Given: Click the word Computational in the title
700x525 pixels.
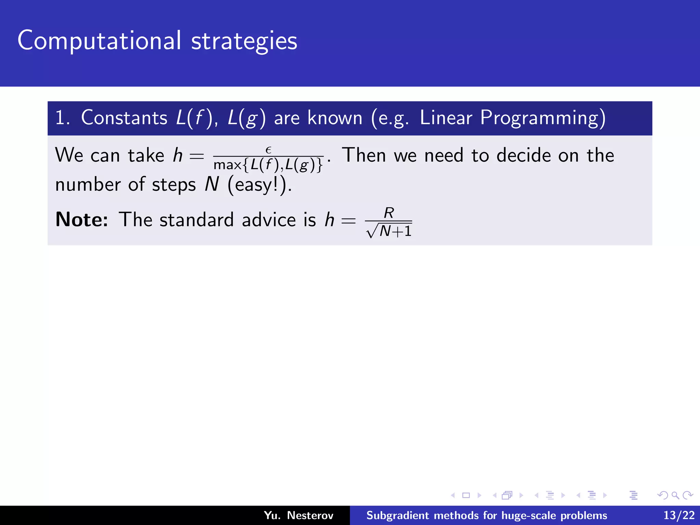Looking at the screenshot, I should tap(99, 41).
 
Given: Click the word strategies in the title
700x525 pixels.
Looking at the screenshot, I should tap(244, 42).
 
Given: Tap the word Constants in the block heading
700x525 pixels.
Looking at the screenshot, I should tap(124, 118).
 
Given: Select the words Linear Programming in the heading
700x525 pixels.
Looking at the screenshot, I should tap(513, 118).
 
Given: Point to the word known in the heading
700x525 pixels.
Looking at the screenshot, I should tap(335, 118).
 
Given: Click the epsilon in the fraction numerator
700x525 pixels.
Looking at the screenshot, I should tap(268, 150).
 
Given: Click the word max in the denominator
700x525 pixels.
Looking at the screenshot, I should tap(227, 165).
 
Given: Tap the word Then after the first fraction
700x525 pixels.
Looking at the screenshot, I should tap(364, 155).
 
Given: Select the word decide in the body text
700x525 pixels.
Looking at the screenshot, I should tap(523, 155).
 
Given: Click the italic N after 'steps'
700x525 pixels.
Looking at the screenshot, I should tap(212, 185).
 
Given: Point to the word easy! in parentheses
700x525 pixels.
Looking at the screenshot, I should tap(256, 185).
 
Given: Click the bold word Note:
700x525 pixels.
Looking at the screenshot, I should tap(82, 219).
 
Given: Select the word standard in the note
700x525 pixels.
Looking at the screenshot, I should tap(197, 219).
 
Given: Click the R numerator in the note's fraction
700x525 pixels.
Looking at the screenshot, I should tap(389, 213).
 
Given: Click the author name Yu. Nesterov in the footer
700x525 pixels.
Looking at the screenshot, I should tap(298, 515).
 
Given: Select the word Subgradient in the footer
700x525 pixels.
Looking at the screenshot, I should tap(396, 515).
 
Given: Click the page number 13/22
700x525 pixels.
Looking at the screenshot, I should tap(679, 515).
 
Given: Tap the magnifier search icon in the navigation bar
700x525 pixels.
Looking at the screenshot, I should tap(675, 495).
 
